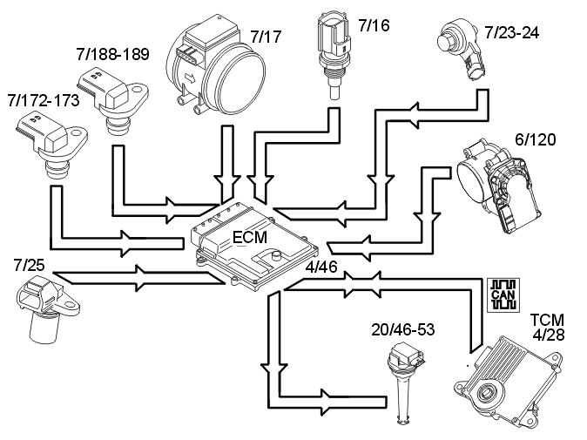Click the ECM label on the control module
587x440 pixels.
[x=251, y=236]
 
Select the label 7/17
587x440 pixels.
[x=267, y=37]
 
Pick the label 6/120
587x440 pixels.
[x=536, y=139]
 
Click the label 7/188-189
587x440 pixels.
[x=112, y=54]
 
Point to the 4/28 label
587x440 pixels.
[x=548, y=336]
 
